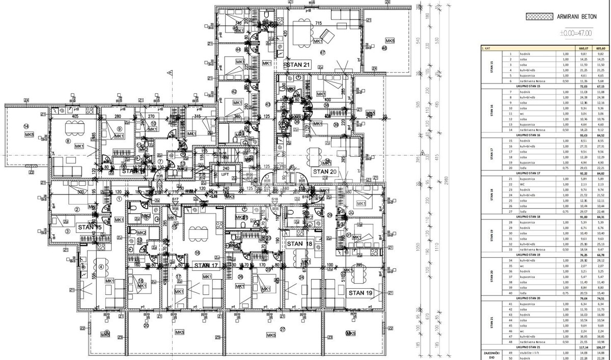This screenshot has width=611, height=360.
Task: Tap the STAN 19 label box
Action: [360, 293]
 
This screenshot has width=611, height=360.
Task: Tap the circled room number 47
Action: [322, 52]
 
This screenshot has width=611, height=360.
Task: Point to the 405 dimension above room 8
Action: [75, 117]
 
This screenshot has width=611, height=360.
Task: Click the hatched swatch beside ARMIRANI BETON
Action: [539, 16]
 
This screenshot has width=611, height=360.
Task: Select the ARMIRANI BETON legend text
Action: [581, 16]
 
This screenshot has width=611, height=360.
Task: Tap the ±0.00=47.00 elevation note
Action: [575, 33]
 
